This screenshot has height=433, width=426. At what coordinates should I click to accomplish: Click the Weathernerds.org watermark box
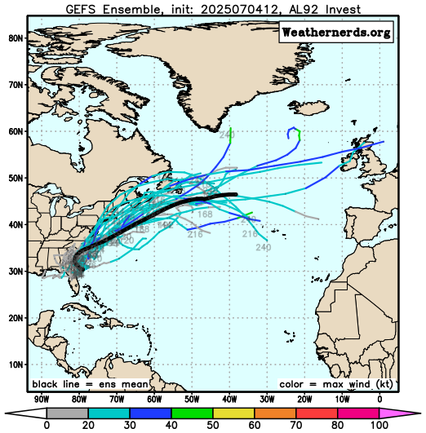(336, 33)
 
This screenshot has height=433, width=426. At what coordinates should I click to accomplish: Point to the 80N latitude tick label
(14, 38)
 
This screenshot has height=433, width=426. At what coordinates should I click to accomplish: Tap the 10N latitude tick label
(14, 365)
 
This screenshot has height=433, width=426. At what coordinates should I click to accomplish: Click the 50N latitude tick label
(14, 178)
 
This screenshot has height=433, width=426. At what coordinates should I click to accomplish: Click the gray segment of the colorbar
(64, 412)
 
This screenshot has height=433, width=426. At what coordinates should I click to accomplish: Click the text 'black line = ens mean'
(90, 384)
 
